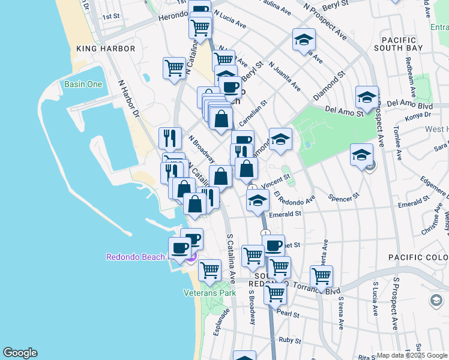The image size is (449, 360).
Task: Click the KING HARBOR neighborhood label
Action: (x=100, y=47)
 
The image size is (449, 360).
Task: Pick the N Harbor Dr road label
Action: (x=128, y=98)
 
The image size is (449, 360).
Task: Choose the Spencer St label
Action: (x=344, y=196)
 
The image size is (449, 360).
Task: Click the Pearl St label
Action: (x=288, y=314)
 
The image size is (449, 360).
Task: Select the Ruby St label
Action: (x=289, y=340)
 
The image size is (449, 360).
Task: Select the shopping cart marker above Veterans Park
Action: (x=209, y=270)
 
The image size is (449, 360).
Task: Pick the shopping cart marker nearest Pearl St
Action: (x=275, y=294)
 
